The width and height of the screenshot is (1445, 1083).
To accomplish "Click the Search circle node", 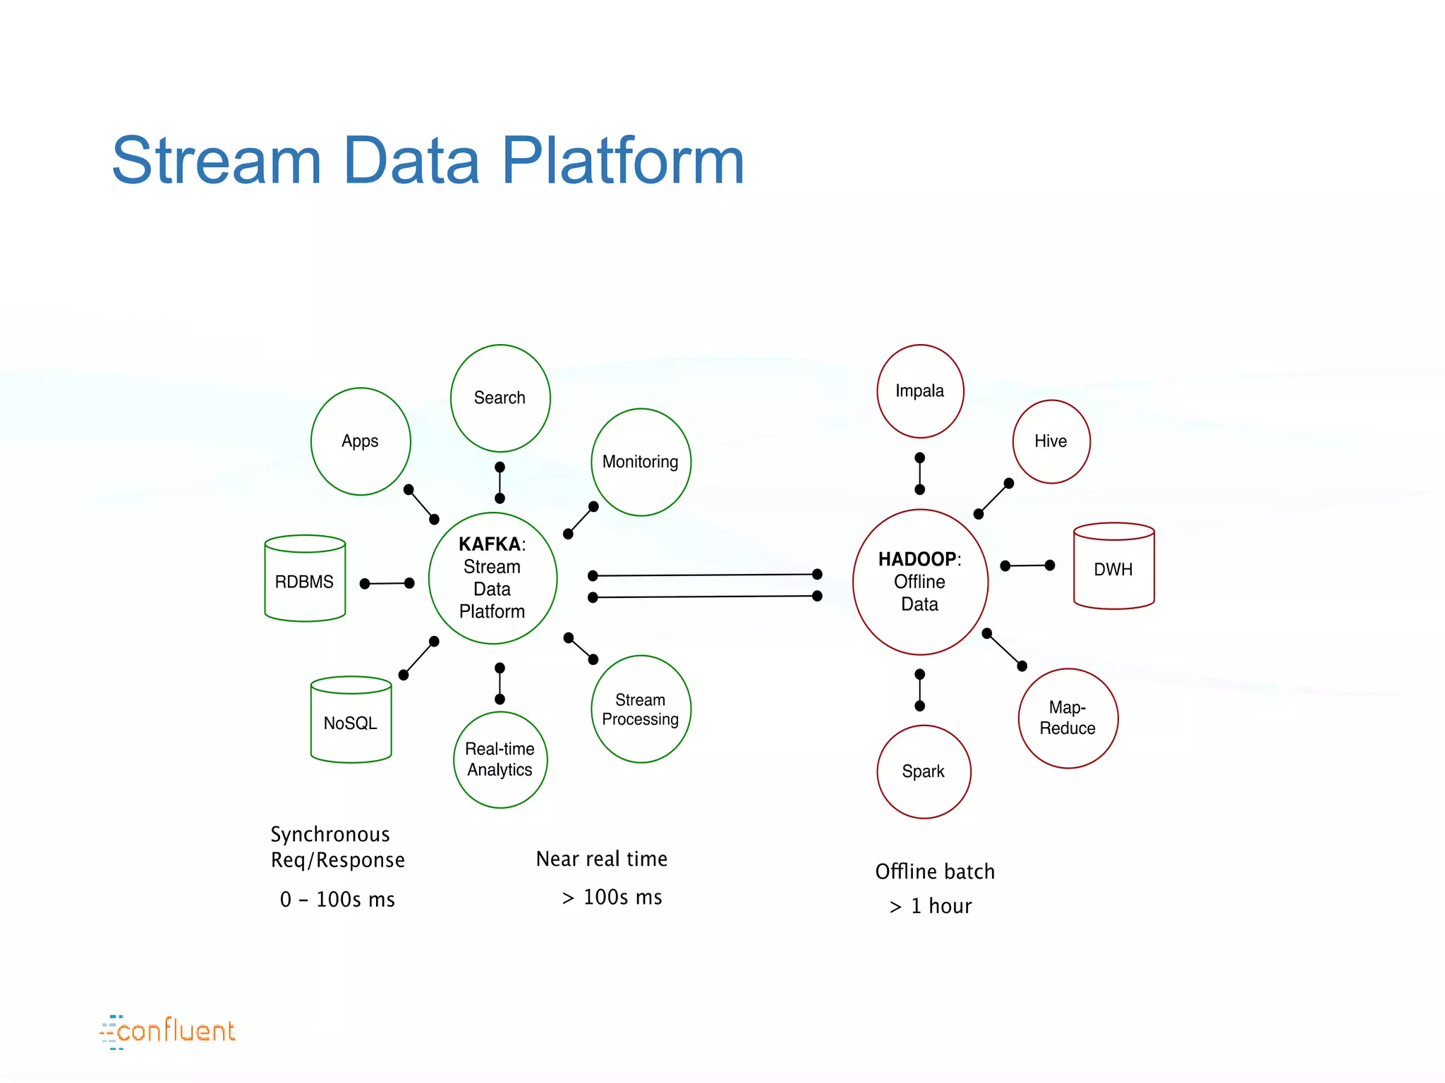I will pos(500,398).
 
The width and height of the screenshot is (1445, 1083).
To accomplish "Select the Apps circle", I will pos(360,441).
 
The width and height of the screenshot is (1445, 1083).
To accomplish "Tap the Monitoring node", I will pos(640,462).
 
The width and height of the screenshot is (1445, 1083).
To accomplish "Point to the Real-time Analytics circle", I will pos(500,759).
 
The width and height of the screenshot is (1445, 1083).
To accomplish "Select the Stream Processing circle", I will pos(640,709).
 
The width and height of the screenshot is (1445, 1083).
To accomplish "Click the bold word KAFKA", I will pos(490,544).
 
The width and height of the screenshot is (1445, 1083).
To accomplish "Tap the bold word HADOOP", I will pos(917,559).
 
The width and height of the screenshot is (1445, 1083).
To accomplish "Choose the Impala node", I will pos(919,391).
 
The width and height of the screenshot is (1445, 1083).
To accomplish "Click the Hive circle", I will pos(1051,441).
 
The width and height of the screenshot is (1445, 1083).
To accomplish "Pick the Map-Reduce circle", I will pos(1068,718).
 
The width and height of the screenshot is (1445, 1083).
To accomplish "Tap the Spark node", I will pos(923,771).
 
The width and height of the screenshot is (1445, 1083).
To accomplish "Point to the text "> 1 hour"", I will pos(931,906).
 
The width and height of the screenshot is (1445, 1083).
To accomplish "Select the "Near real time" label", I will pos(601,859).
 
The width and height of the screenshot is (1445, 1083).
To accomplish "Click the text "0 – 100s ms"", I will pos(337,900).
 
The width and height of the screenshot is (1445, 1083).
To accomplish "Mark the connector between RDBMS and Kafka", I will pos(387,584).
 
